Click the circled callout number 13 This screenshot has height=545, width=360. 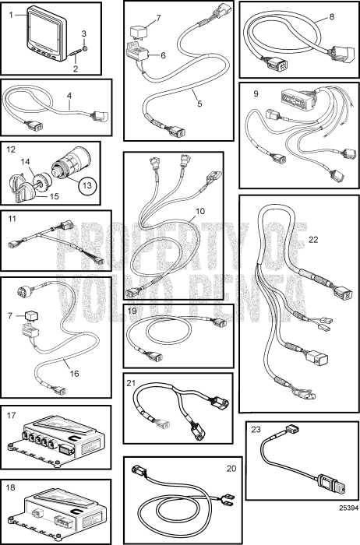click(x=87, y=185)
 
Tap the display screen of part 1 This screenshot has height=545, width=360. click(x=44, y=29)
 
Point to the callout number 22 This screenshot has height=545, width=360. click(x=313, y=240)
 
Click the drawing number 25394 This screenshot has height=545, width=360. click(x=348, y=508)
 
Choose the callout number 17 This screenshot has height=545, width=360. click(x=12, y=415)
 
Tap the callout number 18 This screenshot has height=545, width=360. click(x=11, y=487)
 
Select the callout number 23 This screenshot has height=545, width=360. click(x=256, y=430)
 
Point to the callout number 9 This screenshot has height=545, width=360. click(x=256, y=93)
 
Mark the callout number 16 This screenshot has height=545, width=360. click(x=75, y=374)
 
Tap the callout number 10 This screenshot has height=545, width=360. click(x=200, y=211)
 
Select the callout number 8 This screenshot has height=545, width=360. click(x=331, y=16)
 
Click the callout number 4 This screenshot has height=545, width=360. click(x=69, y=94)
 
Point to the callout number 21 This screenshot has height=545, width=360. click(x=131, y=383)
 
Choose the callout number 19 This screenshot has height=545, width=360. click(x=132, y=311)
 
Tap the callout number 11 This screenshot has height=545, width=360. click(x=12, y=219)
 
